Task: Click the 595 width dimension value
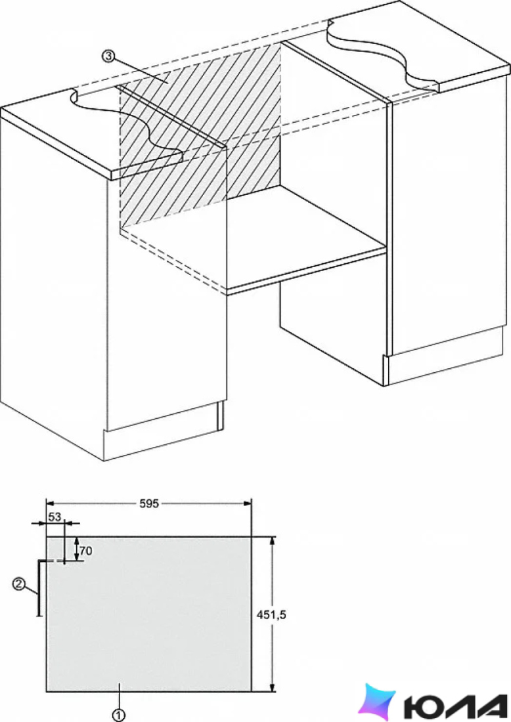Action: (149, 503)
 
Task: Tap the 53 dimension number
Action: (55, 517)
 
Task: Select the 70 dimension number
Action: (86, 551)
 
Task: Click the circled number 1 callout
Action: (118, 715)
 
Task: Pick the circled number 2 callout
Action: (18, 584)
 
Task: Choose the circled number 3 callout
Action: (108, 57)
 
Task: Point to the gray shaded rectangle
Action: (149, 614)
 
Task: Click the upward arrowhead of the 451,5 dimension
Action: (273, 541)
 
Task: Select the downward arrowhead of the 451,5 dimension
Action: (273, 687)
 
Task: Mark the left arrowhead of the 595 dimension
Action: (51, 503)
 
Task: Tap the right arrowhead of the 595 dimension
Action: (246, 503)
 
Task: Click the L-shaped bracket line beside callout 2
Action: (39, 587)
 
